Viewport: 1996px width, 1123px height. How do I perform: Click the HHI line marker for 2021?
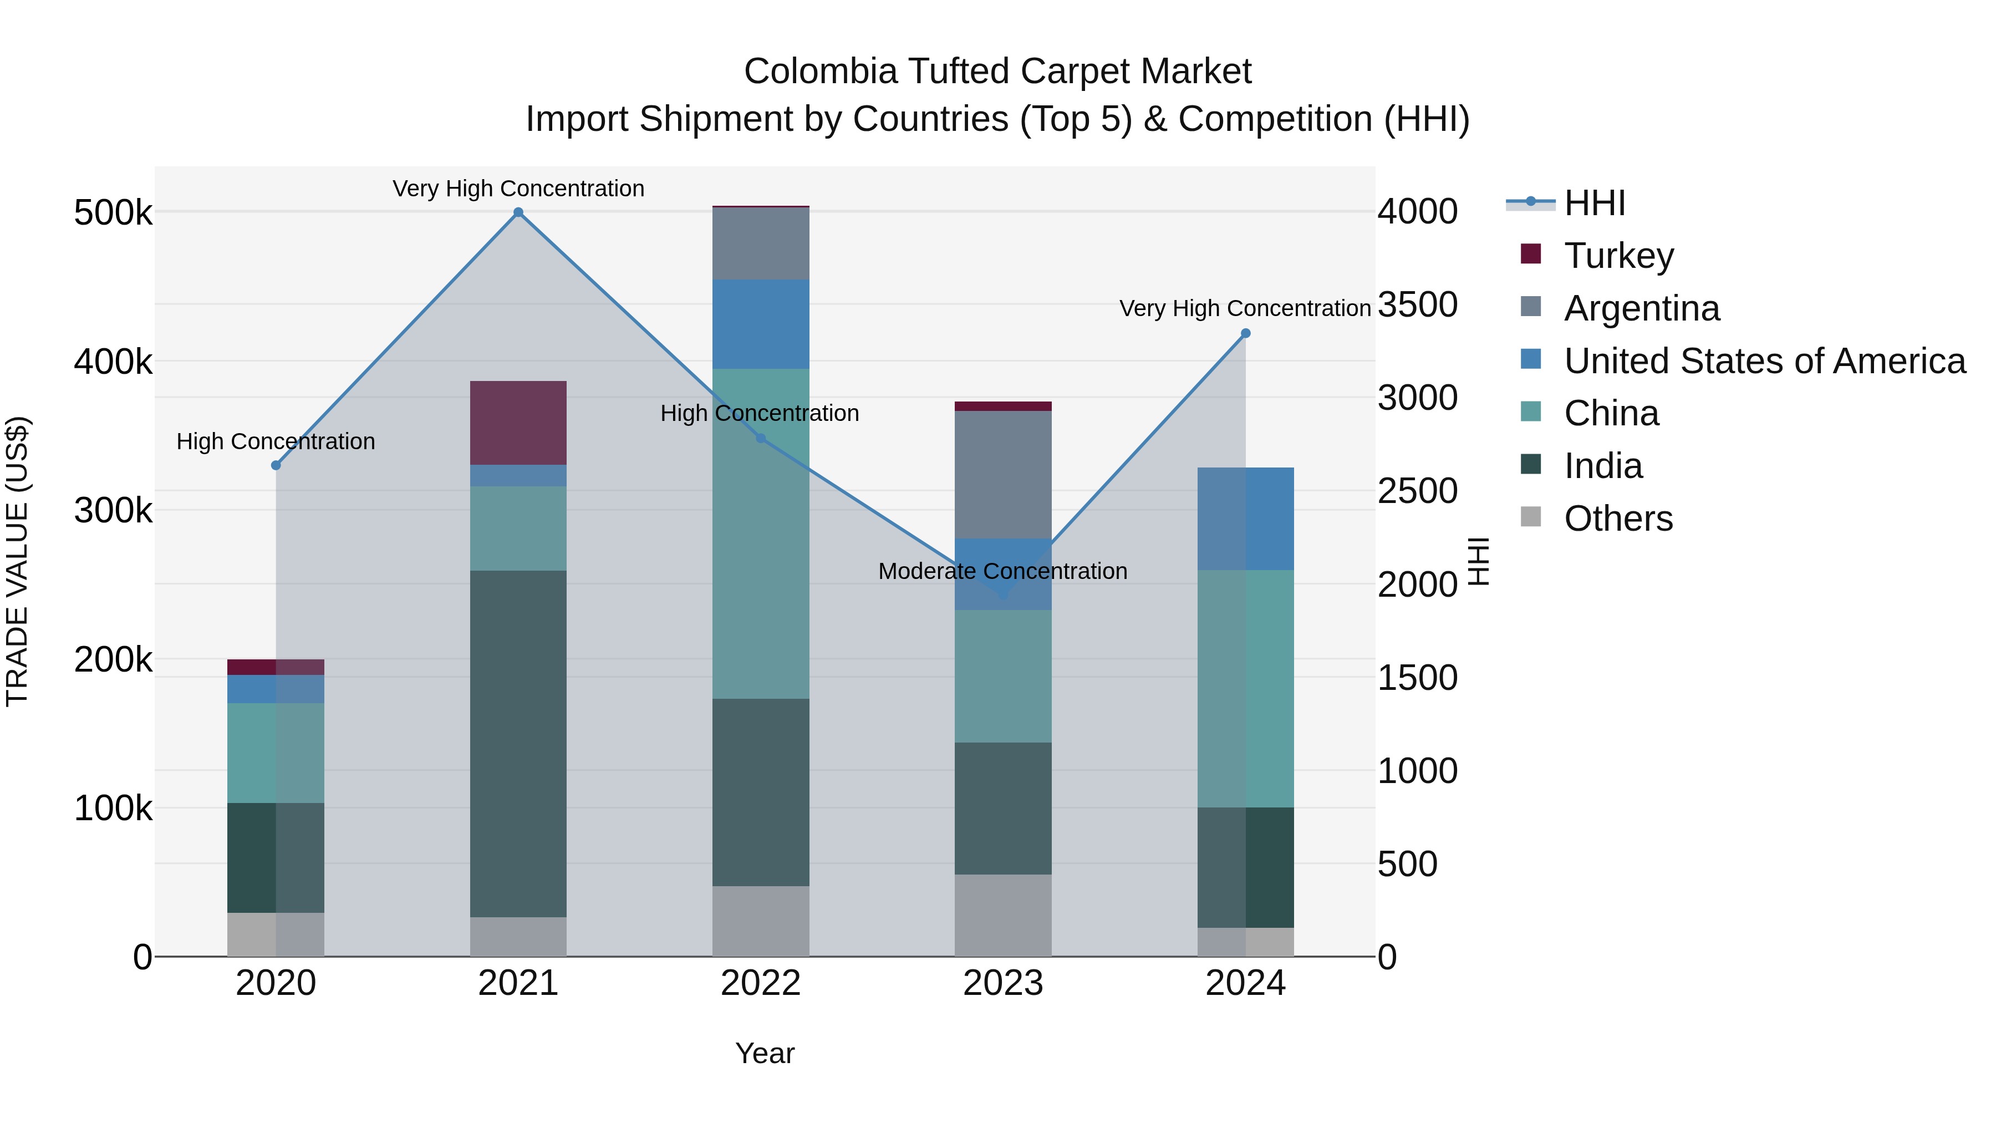point(518,212)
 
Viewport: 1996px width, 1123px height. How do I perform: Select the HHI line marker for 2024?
point(1245,333)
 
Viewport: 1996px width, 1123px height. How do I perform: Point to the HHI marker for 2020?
point(276,465)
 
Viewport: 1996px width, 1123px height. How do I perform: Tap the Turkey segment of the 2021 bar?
point(518,423)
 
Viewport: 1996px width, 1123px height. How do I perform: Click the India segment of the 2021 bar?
point(518,744)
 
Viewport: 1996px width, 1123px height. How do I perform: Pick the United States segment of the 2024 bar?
point(1245,519)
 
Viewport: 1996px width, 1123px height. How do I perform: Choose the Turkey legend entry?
point(1618,256)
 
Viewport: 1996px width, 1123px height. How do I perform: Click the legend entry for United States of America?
point(1764,361)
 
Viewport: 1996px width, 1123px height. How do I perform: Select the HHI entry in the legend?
point(1594,203)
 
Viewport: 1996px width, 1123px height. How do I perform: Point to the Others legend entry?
point(1618,519)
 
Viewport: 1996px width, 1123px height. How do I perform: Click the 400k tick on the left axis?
point(113,361)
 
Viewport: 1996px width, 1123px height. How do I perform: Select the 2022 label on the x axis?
point(760,983)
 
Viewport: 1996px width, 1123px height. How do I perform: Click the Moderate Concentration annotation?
point(1002,571)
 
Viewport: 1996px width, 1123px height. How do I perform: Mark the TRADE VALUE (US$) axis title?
point(18,561)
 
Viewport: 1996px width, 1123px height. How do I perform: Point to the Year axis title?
point(765,1053)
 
